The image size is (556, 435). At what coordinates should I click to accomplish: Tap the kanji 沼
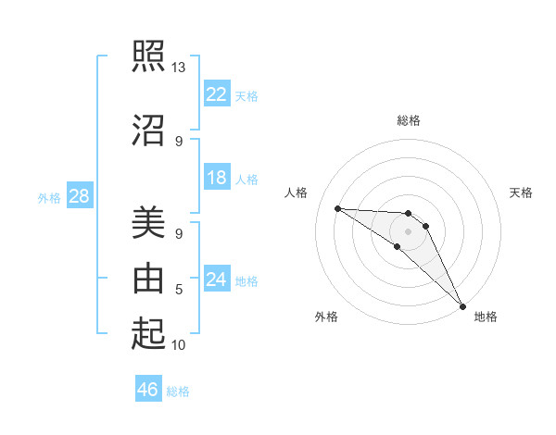148,130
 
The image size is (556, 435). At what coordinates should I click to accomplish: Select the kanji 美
148,224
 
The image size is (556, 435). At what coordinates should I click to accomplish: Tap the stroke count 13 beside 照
178,68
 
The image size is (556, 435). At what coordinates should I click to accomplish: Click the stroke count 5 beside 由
179,290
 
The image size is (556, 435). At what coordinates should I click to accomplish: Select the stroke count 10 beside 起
179,345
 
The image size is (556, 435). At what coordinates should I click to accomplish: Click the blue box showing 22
217,93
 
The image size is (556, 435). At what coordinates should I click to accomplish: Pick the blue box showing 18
217,178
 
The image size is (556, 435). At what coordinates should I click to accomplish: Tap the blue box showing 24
217,280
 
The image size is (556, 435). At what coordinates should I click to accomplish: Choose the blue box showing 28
79,196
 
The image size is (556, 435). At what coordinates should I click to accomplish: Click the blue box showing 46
148,390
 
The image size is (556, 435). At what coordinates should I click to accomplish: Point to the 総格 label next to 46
178,391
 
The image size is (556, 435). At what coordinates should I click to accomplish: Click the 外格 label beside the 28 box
49,198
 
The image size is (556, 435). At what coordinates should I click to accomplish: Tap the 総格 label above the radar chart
408,120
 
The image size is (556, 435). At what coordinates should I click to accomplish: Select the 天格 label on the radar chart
522,193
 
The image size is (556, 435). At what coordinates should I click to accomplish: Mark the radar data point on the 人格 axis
337,208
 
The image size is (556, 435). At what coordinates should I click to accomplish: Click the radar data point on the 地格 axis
461,304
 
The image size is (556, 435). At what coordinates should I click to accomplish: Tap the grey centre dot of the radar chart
408,230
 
